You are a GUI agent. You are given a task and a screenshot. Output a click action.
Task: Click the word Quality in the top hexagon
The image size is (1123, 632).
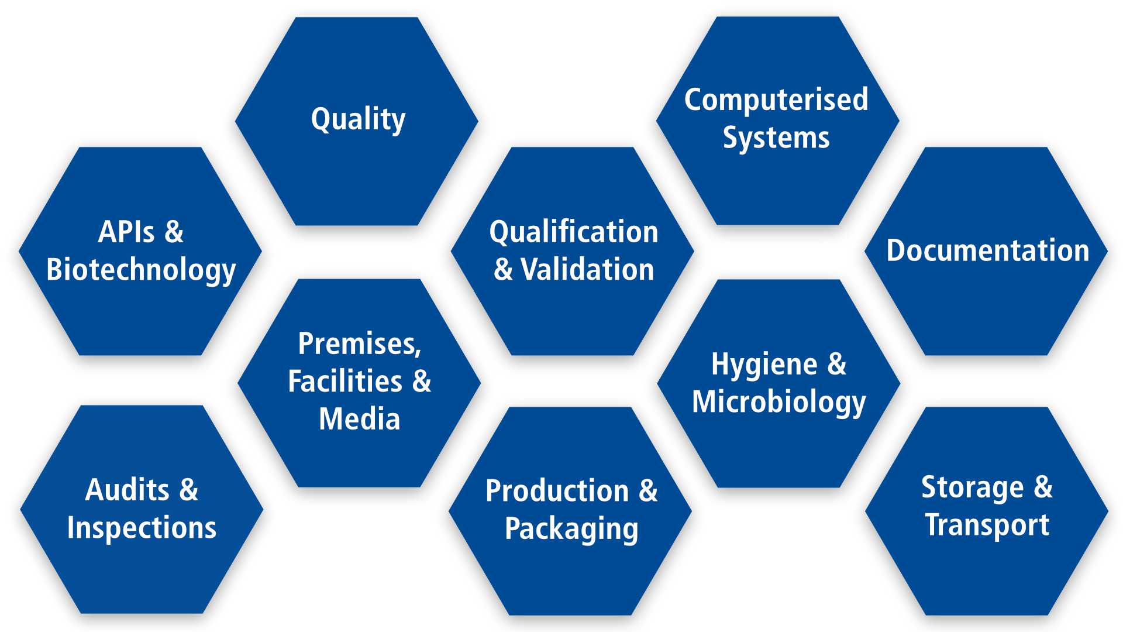[358, 119]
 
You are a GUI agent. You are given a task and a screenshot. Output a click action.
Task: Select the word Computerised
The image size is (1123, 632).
[776, 99]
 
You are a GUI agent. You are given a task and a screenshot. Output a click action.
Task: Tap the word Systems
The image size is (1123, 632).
[776, 138]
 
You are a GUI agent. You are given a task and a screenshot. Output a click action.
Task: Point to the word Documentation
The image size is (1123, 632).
[987, 250]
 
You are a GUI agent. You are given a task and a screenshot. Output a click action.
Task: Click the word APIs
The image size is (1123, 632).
[126, 232]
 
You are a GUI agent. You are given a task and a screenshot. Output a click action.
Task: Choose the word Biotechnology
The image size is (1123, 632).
[141, 270]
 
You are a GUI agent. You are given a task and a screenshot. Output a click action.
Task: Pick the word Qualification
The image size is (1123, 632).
[574, 232]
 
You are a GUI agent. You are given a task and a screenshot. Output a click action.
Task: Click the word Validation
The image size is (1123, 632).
[587, 270]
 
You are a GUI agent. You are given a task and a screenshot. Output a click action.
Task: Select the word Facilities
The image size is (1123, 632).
[345, 382]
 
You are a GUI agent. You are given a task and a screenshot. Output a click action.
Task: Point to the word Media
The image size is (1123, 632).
[359, 420]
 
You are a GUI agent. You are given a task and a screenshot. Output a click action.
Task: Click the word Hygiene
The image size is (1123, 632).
[764, 365]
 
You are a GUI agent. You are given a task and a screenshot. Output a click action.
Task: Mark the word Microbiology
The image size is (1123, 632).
[778, 403]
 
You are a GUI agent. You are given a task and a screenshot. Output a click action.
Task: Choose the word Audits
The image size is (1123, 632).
[127, 490]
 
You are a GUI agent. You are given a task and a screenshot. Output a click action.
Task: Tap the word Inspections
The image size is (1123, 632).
[142, 528]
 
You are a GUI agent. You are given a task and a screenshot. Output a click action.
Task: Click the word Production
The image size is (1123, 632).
[557, 491]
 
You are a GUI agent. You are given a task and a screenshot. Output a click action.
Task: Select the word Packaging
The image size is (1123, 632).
[571, 530]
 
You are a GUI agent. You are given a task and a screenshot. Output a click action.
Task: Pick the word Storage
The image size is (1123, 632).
[973, 488]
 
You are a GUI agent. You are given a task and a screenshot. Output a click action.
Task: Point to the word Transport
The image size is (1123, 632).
[987, 525]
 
